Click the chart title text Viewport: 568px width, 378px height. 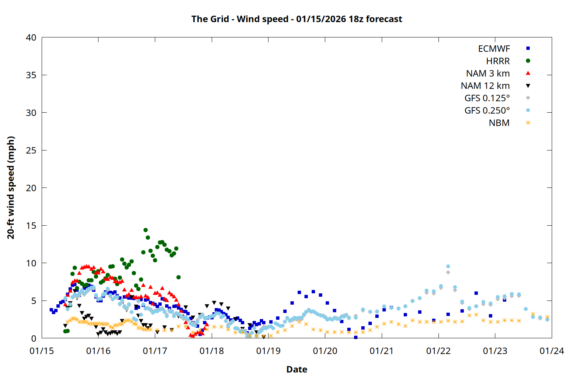pos(296,19)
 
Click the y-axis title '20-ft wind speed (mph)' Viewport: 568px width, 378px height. pos(11,187)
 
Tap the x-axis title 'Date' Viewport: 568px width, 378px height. pos(296,369)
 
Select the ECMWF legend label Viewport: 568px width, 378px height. pos(494,49)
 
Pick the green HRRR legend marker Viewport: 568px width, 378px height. pos(528,61)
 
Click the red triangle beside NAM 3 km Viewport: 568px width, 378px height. pos(528,73)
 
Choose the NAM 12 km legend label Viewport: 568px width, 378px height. pos(485,86)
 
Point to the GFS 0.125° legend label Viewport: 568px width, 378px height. pos(487,98)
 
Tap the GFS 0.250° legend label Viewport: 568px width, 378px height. pos(487,111)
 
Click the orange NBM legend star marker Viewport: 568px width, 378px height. pos(528,123)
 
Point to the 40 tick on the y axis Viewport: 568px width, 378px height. pos(31,37)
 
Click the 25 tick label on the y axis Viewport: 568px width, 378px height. pos(31,150)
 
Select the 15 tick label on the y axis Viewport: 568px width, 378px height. pos(31,226)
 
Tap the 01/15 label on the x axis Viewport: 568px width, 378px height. pos(42,351)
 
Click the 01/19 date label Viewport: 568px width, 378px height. pos(268,351)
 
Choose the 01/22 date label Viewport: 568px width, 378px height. pos(438,351)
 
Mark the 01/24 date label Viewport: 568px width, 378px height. pos(551,351)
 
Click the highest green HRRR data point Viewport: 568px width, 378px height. pos(145,230)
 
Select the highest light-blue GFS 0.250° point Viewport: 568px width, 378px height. pos(448,266)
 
